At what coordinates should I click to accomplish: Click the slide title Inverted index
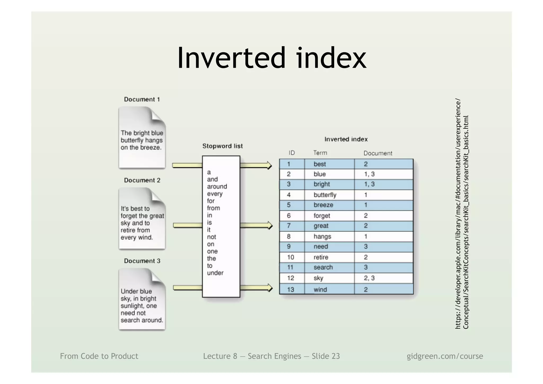(x=271, y=58)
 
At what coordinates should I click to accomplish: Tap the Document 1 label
(x=142, y=99)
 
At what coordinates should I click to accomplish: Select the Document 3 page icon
(x=142, y=299)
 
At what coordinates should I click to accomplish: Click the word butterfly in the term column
(x=325, y=195)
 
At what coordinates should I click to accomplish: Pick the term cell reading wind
(x=320, y=290)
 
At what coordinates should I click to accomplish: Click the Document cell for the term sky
(x=369, y=278)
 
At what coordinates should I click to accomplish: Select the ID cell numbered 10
(x=291, y=257)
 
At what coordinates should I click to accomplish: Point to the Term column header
(x=320, y=153)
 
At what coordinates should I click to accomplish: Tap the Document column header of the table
(x=378, y=153)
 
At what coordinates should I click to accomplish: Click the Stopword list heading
(x=222, y=146)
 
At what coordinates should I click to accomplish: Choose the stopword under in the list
(x=215, y=273)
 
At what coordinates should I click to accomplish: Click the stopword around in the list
(x=217, y=186)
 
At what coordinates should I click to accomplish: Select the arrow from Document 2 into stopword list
(x=187, y=225)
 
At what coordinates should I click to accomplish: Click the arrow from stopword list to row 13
(x=256, y=288)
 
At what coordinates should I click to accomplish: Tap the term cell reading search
(x=323, y=267)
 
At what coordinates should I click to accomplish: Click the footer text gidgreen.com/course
(x=445, y=356)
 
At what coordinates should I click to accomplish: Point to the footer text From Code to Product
(x=99, y=356)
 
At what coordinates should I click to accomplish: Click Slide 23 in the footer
(x=326, y=356)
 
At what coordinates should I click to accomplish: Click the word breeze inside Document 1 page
(x=151, y=148)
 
